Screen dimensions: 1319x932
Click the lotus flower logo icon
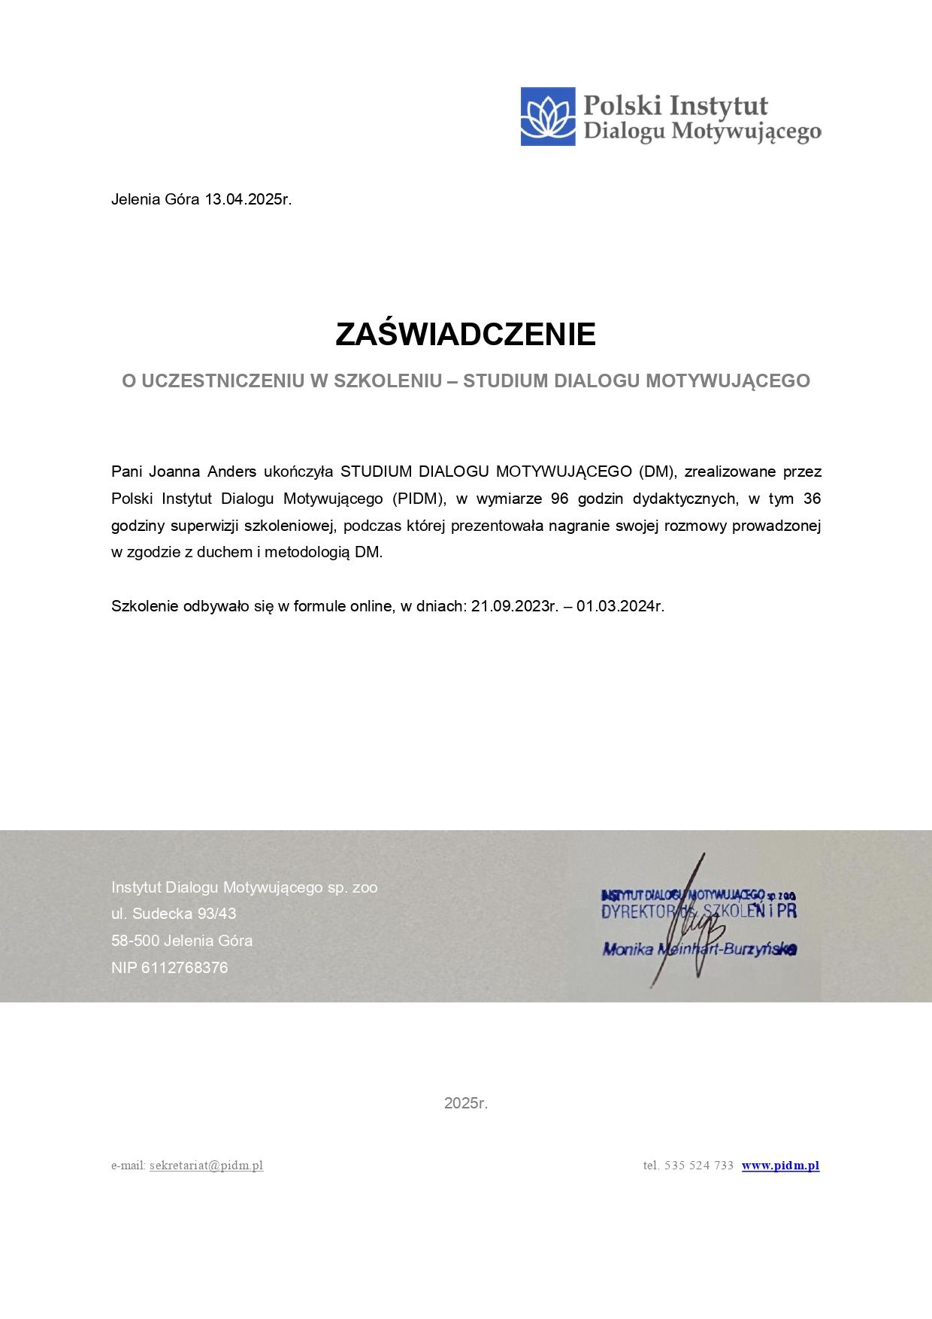click(x=548, y=117)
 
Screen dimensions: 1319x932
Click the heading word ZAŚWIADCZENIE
click(x=465, y=335)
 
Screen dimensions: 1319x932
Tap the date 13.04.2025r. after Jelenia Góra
click(x=248, y=199)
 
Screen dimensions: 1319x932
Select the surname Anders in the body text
click(x=231, y=472)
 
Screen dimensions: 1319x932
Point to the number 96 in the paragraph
click(x=559, y=499)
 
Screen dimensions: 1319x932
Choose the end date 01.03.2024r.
click(x=620, y=606)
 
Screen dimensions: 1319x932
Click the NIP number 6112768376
click(x=184, y=968)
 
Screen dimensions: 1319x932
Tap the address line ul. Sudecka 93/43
click(x=174, y=914)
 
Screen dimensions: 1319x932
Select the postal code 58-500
click(x=135, y=941)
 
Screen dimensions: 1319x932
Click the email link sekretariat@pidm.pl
click(x=206, y=1166)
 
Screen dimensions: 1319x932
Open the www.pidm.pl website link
click(x=780, y=1166)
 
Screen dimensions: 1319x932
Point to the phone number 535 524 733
click(x=699, y=1166)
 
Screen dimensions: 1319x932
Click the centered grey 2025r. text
click(x=466, y=1103)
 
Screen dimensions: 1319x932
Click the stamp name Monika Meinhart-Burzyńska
click(x=699, y=949)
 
